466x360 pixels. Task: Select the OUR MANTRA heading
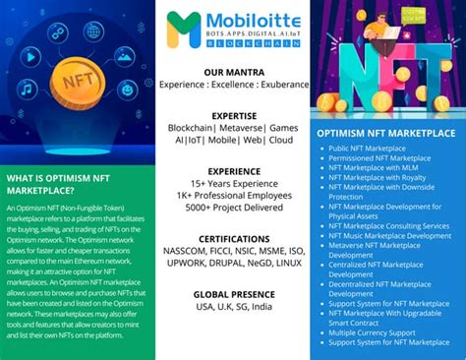(233, 72)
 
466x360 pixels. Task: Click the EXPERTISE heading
(233, 115)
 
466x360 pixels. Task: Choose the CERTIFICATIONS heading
(233, 239)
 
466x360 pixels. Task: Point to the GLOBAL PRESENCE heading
(233, 294)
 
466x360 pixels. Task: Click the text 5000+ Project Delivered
(233, 209)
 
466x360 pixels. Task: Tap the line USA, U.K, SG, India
(233, 308)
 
